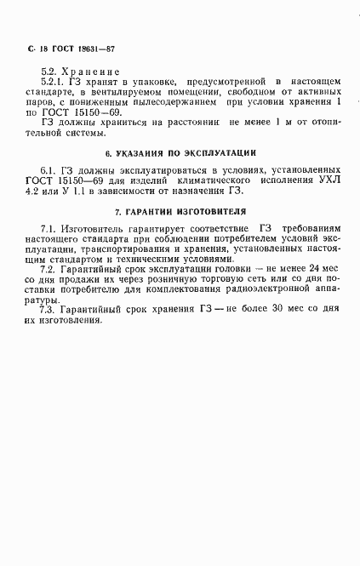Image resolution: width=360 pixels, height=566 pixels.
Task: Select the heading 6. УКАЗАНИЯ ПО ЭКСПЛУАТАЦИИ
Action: [180, 155]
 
